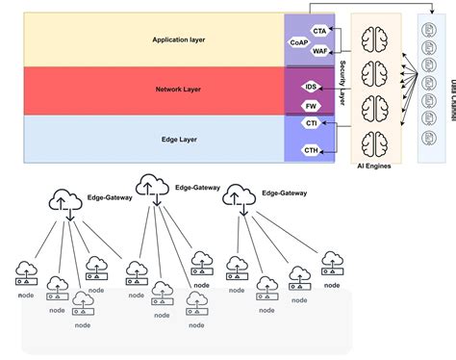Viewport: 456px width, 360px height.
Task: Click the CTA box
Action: click(x=320, y=32)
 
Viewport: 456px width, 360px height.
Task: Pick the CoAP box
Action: click(x=299, y=43)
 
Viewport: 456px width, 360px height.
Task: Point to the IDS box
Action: click(x=311, y=87)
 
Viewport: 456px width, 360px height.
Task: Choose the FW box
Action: click(x=311, y=106)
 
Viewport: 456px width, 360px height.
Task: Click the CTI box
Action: click(x=311, y=123)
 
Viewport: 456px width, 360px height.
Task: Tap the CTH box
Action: click(x=311, y=150)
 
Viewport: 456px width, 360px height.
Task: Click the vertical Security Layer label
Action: click(x=342, y=87)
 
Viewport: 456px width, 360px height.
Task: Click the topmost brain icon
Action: click(x=374, y=38)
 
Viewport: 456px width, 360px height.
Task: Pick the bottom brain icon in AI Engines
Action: click(x=374, y=142)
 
